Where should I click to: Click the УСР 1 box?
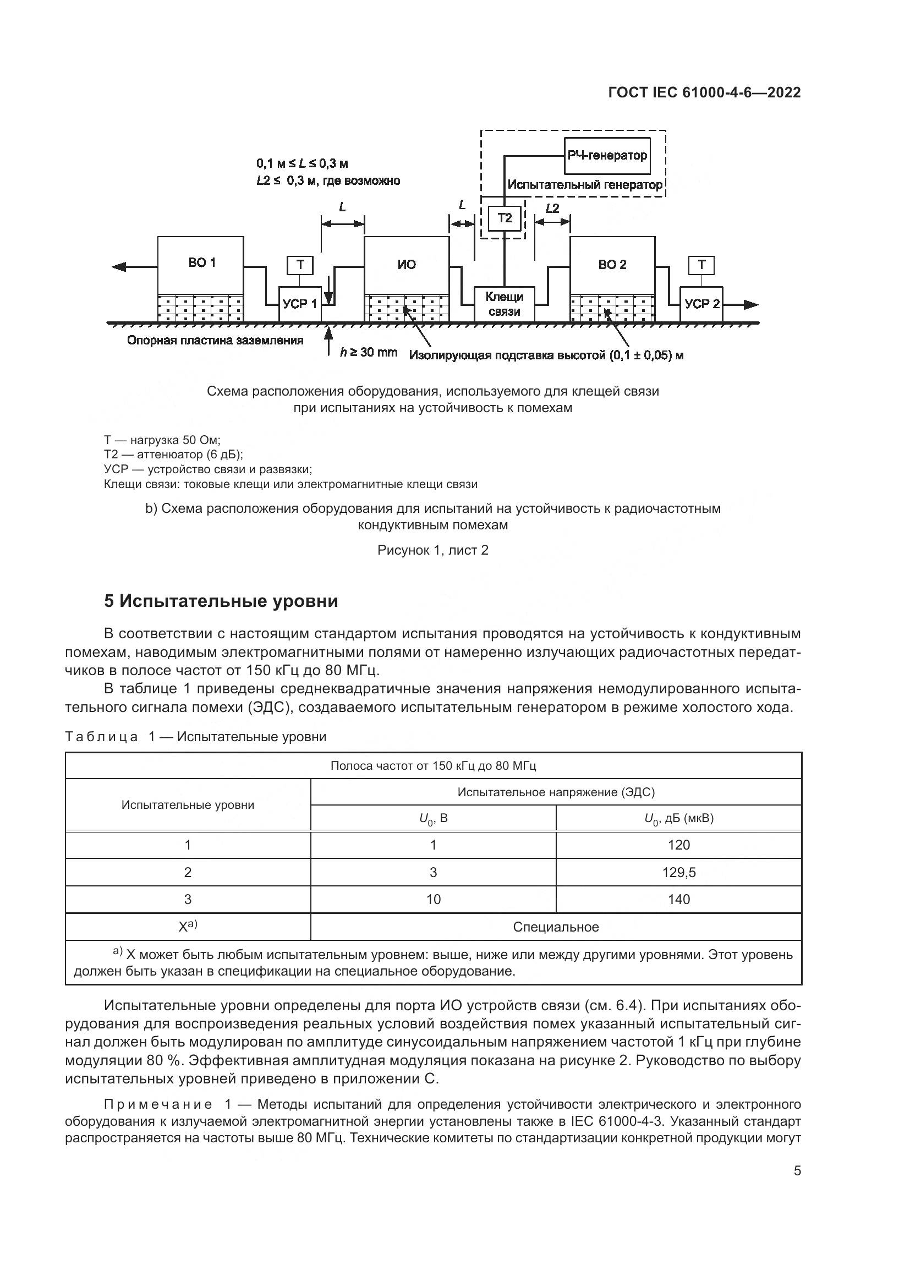click(300, 304)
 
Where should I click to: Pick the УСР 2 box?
click(701, 304)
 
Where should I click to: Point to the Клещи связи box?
click(505, 304)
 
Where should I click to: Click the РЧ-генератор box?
click(607, 155)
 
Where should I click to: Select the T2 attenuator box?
click(505, 218)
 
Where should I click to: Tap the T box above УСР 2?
click(701, 265)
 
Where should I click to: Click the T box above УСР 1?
click(300, 265)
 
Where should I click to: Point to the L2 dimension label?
click(552, 209)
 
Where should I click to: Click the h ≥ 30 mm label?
click(369, 353)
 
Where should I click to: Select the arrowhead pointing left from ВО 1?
click(119, 266)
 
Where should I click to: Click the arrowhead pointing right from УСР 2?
click(752, 304)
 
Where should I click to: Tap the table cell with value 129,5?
click(678, 872)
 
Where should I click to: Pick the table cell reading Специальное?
click(556, 927)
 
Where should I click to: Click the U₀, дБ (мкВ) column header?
click(678, 819)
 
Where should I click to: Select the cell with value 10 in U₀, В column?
click(433, 900)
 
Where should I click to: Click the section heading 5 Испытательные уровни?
click(221, 601)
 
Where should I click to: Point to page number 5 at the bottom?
click(797, 1171)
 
